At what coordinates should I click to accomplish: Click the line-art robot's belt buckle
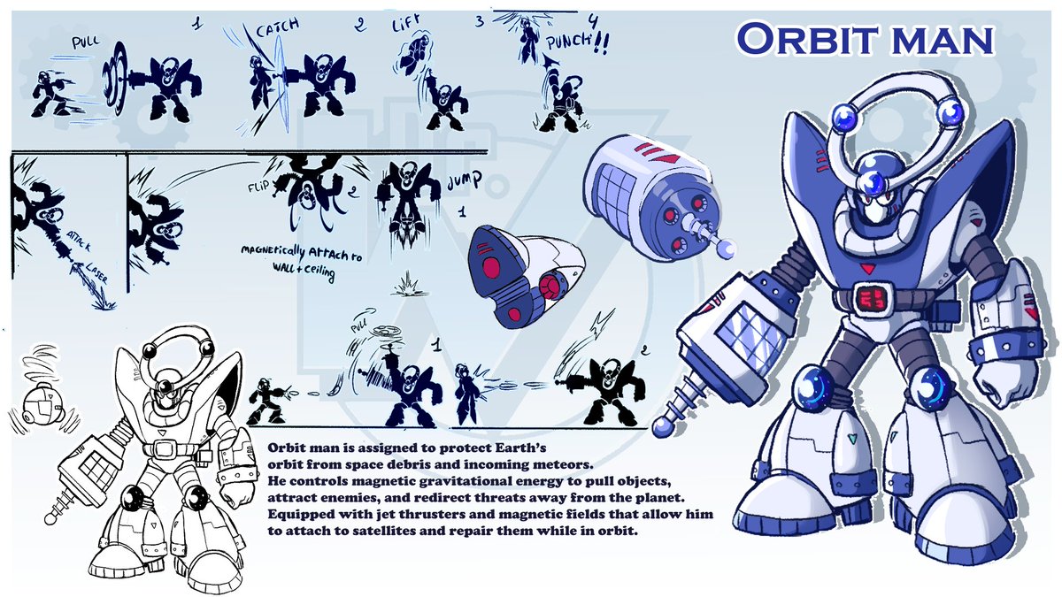[x=161, y=449]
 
